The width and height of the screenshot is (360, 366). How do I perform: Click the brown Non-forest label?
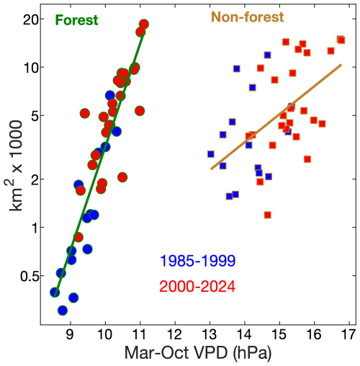tap(247, 17)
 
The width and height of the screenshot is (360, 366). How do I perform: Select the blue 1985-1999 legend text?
tap(197, 260)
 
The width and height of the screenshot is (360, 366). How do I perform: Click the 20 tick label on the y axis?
tap(35, 19)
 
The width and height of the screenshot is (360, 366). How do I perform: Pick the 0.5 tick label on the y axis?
tap(32, 276)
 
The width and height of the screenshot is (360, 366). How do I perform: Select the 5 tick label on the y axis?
tap(39, 115)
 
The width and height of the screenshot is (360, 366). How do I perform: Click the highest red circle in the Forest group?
tap(144, 24)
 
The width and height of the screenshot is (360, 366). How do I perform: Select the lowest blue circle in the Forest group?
tap(63, 310)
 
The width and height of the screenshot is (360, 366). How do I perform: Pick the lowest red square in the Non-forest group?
tap(268, 215)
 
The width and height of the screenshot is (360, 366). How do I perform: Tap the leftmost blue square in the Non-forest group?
tap(211, 153)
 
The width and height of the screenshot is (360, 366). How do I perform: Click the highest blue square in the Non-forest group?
tap(268, 55)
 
